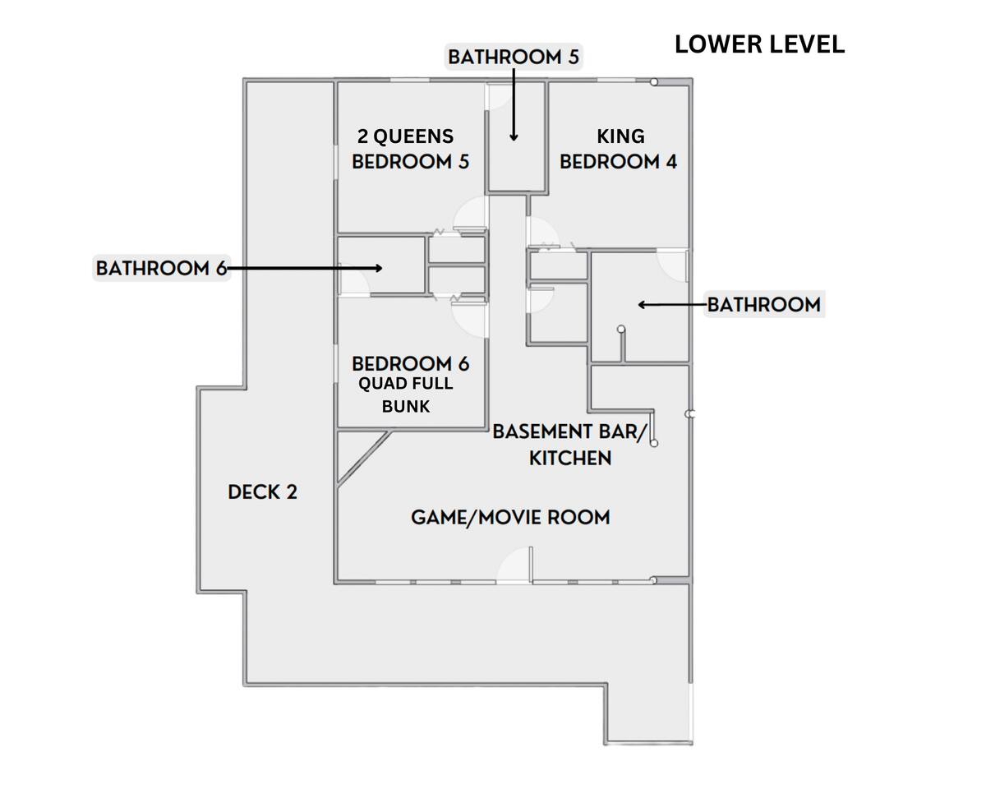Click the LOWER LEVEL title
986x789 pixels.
(x=759, y=44)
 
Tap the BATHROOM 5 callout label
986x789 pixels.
(x=514, y=58)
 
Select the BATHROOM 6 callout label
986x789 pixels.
(x=161, y=268)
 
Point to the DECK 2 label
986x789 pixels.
(x=263, y=492)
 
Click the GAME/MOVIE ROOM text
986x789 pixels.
(x=510, y=518)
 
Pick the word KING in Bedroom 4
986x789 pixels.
(x=621, y=136)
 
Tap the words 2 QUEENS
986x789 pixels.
(x=405, y=136)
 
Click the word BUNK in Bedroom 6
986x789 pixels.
(x=406, y=406)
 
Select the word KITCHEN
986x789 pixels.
(x=570, y=458)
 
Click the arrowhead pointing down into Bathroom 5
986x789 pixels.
(x=514, y=137)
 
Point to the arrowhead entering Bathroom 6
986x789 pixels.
(x=379, y=268)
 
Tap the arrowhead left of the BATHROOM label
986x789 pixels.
(x=642, y=305)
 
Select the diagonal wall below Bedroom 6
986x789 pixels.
(x=364, y=457)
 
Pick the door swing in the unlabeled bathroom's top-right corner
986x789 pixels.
(x=672, y=265)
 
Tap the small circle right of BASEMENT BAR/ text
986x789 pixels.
(x=654, y=443)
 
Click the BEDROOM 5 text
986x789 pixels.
(x=411, y=162)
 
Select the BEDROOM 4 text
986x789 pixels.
(x=618, y=162)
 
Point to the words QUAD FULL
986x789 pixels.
(x=406, y=384)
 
